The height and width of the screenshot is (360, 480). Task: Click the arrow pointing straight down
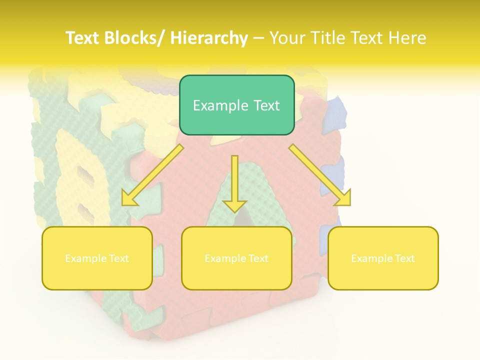pos(234,182)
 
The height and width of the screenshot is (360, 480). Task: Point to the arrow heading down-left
pos(152,175)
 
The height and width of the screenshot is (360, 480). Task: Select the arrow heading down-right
pos(320,174)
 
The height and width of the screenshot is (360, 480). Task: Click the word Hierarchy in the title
pos(209,38)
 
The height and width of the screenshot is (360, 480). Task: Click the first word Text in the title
pos(82,38)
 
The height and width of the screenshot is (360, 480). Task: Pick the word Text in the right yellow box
pos(404,258)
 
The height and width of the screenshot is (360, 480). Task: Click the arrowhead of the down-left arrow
pos(129,199)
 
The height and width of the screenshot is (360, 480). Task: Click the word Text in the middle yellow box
pos(257,258)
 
